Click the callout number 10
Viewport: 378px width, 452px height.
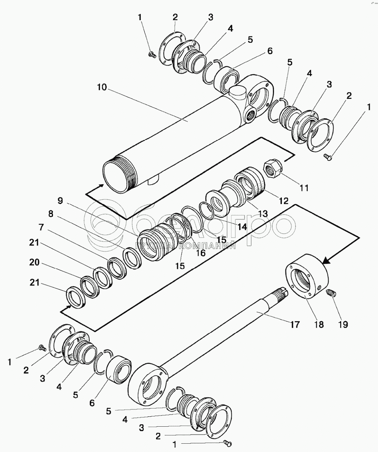(x=102, y=87)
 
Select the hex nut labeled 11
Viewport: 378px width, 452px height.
(x=273, y=168)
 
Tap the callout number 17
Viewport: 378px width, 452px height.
(x=295, y=324)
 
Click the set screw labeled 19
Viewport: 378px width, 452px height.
(x=332, y=293)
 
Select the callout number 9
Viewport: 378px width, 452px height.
(x=60, y=200)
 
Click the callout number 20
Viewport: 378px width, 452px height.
(x=34, y=262)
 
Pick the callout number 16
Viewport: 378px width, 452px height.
(x=200, y=253)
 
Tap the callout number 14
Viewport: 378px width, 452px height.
(x=242, y=227)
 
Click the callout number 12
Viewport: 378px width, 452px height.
(x=284, y=201)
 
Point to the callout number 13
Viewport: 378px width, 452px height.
(x=263, y=214)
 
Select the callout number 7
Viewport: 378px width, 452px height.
(x=41, y=227)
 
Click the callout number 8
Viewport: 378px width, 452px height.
(x=51, y=214)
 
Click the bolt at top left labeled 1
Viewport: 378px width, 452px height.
(x=151, y=54)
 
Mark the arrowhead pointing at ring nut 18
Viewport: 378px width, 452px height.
(x=326, y=261)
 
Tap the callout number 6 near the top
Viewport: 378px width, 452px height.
(x=270, y=51)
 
